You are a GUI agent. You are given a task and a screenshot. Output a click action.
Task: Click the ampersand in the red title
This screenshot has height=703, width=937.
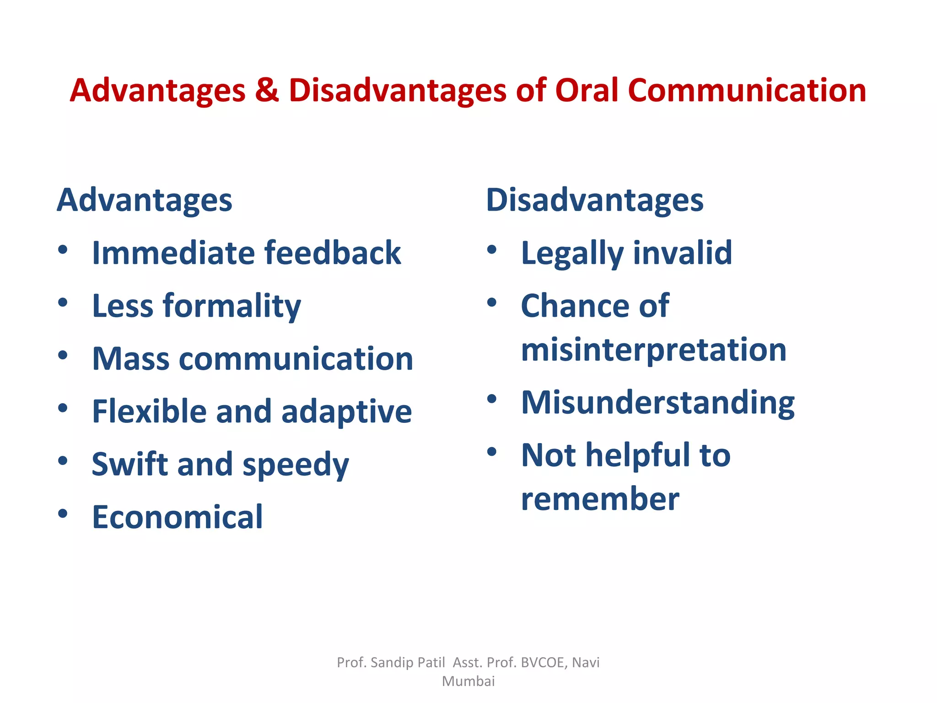point(267,90)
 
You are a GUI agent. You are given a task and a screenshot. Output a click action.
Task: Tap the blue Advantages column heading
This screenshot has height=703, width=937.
point(145,200)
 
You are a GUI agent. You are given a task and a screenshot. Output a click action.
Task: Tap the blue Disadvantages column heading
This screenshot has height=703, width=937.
point(594,200)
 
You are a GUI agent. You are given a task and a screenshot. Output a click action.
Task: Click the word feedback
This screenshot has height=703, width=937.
point(333,253)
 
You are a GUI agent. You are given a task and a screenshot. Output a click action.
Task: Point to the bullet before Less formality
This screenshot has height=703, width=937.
point(63,303)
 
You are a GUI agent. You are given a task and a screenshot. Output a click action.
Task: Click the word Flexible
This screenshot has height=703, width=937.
point(149,411)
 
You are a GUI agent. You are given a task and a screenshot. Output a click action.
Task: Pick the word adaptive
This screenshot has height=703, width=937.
point(346,412)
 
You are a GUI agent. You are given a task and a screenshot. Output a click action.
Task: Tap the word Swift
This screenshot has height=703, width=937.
point(130,464)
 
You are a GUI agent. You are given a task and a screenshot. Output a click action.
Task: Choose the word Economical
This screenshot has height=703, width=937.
point(178,517)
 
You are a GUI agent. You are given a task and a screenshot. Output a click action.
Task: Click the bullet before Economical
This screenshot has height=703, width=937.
point(63,514)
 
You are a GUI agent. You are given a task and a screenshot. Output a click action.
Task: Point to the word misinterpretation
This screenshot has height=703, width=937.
point(653,350)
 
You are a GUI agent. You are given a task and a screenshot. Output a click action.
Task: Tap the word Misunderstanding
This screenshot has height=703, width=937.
point(657,403)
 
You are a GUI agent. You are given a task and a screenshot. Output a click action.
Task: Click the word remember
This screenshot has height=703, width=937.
point(600,499)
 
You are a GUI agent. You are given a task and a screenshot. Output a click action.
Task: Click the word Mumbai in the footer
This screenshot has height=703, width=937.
point(468,681)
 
